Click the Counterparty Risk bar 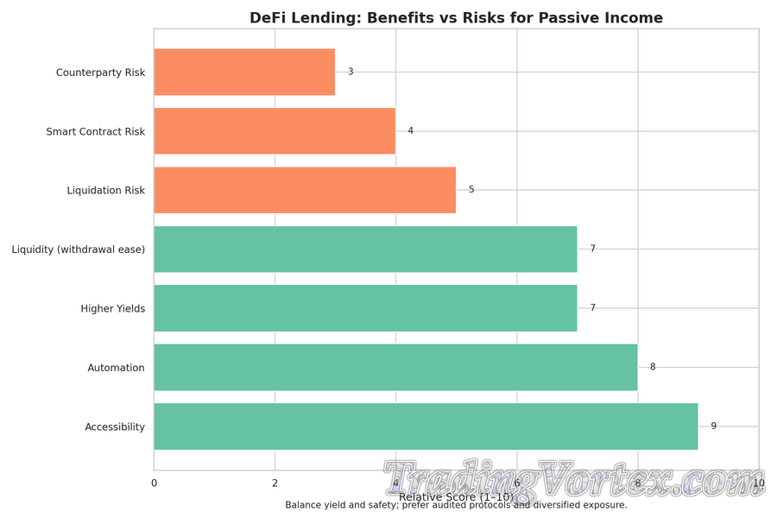point(244,72)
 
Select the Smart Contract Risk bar point(275,131)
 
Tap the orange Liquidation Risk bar point(305,190)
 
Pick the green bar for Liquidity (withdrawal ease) point(365,250)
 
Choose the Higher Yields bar point(365,308)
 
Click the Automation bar point(395,368)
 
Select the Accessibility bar point(426,426)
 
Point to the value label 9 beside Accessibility point(714,426)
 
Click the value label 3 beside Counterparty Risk point(351,72)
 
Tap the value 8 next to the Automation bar point(653,368)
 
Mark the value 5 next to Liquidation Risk point(471,190)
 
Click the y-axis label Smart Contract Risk point(96,132)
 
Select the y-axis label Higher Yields point(113,309)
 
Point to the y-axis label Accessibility point(115,427)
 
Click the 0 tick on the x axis point(155,483)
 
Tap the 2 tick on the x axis point(275,483)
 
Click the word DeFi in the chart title point(267,18)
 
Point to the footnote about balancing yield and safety point(456,505)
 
